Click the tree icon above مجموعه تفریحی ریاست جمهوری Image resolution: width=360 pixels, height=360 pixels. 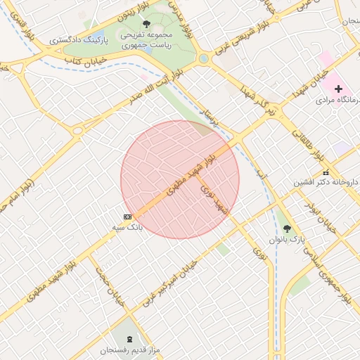tap(146, 24)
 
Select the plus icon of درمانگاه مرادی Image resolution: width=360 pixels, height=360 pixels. tap(339, 89)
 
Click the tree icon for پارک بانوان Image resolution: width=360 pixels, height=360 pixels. tap(287, 228)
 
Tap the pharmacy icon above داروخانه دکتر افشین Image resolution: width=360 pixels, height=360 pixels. tap(325, 173)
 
